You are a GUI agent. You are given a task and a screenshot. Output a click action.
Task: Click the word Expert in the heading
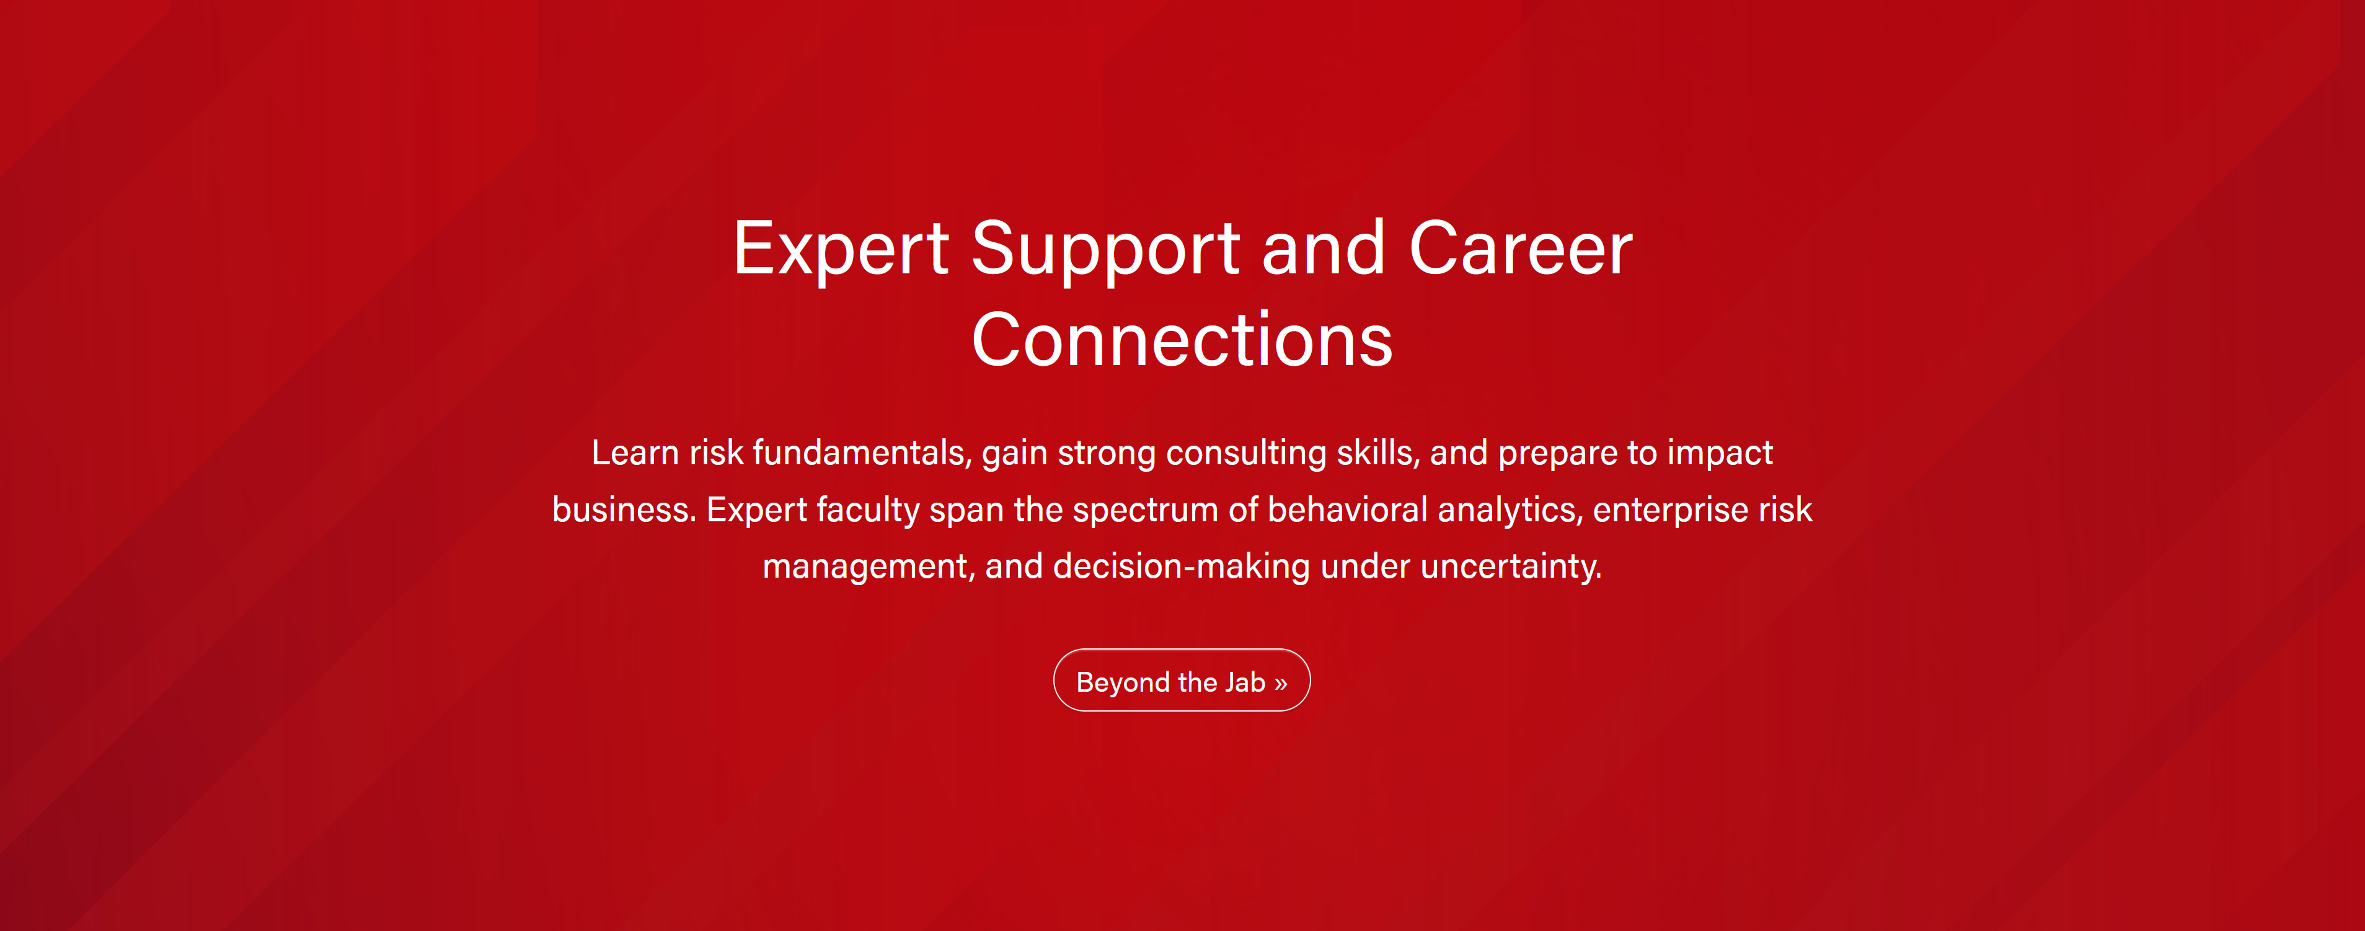(x=841, y=250)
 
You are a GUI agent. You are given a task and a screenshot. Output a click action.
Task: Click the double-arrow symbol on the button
(x=1281, y=683)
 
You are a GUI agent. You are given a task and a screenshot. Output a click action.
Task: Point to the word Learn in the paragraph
(x=635, y=452)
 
